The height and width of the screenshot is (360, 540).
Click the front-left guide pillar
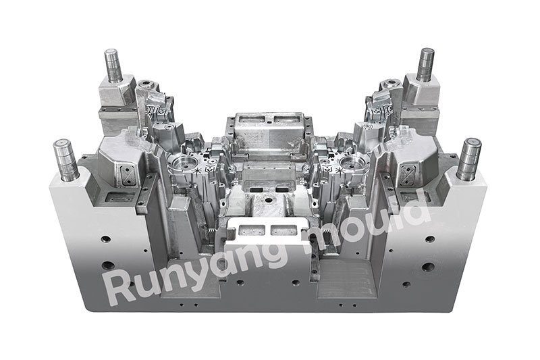[x=65, y=159]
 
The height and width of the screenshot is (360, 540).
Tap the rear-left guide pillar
[x=113, y=65]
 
